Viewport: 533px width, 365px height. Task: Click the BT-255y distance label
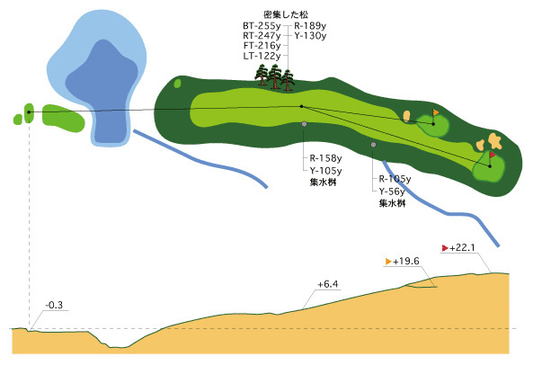(x=262, y=26)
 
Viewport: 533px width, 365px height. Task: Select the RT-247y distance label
(x=262, y=36)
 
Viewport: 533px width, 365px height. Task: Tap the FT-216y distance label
(x=262, y=46)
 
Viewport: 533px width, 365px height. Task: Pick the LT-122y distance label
(x=262, y=56)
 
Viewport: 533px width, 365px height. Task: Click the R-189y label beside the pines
(x=310, y=26)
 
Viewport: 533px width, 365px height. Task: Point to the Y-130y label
(x=310, y=36)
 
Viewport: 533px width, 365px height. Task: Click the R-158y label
(x=325, y=158)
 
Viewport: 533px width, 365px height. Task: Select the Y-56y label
(x=392, y=191)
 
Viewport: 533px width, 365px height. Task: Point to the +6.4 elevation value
(x=328, y=284)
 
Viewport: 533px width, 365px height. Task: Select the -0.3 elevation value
(x=55, y=305)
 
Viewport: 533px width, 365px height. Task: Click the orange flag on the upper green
(x=435, y=111)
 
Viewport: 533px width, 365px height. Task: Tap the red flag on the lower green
(x=493, y=155)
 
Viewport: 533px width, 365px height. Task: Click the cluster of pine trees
(x=275, y=77)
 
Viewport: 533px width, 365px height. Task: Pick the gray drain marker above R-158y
(x=304, y=124)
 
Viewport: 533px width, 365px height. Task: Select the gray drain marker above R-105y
(x=373, y=145)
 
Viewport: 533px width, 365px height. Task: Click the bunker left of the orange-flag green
(x=406, y=116)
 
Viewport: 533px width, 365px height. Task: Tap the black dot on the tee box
(x=29, y=111)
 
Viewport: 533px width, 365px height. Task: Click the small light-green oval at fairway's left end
(x=177, y=84)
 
